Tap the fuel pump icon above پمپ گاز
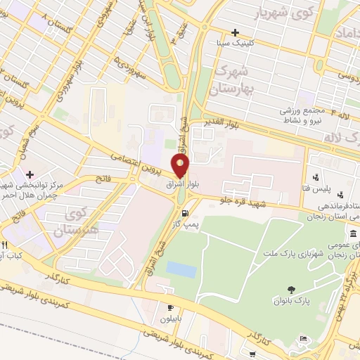[x=185, y=214]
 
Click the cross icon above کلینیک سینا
[x=235, y=32]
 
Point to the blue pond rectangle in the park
[x=182, y=269]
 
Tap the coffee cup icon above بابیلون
[x=169, y=307]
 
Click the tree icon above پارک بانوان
[x=291, y=290]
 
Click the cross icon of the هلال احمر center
[x=29, y=174]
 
